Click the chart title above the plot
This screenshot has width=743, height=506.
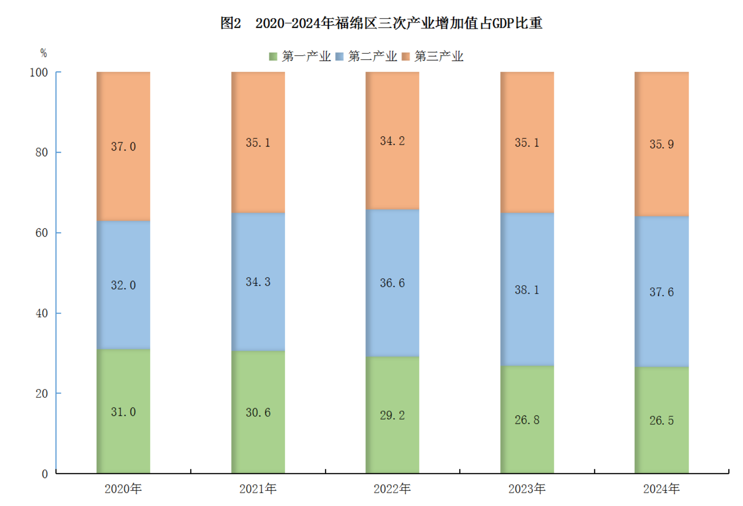[x=381, y=23]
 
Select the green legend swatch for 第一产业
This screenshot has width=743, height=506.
[x=273, y=57]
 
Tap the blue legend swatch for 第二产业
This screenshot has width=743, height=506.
[x=339, y=57]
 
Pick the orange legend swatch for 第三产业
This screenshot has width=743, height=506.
[x=406, y=57]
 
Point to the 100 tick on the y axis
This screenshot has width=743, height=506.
[x=39, y=72]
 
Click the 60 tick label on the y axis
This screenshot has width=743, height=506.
[x=42, y=233]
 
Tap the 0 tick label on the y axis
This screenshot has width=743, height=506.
[x=45, y=474]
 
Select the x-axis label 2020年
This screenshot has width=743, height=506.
[x=123, y=489]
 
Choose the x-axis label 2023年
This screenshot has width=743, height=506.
[x=527, y=489]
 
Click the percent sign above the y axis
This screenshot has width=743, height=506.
[x=43, y=53]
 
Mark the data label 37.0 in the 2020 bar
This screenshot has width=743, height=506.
[x=123, y=147]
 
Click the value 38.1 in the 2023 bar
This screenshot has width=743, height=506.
[x=527, y=290]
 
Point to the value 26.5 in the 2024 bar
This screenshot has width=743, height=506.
[x=661, y=420]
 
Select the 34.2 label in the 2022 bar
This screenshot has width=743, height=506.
[x=392, y=141]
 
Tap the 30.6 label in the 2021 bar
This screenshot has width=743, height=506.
[x=258, y=412]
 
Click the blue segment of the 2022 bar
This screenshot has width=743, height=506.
[x=392, y=309]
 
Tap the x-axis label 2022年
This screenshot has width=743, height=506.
[x=392, y=489]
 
